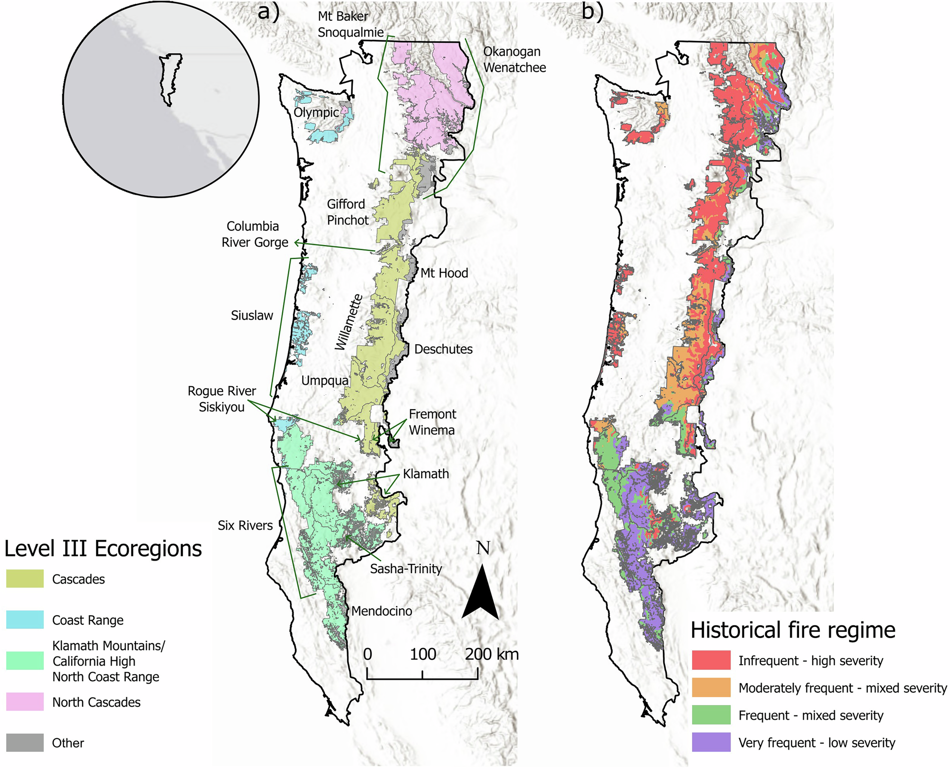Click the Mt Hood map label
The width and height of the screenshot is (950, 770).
(444, 273)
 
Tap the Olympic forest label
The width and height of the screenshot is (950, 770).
(316, 113)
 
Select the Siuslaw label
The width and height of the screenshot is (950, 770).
(252, 315)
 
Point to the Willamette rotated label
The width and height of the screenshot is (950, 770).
(349, 322)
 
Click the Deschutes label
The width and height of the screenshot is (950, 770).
(443, 349)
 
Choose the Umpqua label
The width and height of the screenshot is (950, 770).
(325, 381)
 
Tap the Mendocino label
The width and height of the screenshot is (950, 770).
(381, 611)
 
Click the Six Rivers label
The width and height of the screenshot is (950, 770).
(245, 526)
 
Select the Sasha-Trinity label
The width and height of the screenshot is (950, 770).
(406, 569)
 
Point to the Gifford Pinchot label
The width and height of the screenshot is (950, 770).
(348, 212)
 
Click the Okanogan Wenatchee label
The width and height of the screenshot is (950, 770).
(514, 59)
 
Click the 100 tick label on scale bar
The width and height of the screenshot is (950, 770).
(423, 654)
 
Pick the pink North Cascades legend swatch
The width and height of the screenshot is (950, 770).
(25, 702)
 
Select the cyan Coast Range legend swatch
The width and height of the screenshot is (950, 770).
(25, 620)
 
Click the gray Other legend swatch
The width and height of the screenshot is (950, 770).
(25, 742)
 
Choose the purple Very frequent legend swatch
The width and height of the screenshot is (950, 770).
(711, 742)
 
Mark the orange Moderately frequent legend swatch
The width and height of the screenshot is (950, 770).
(711, 687)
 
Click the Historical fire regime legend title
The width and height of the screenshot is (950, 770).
(793, 630)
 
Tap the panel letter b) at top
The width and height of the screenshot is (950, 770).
(592, 11)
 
